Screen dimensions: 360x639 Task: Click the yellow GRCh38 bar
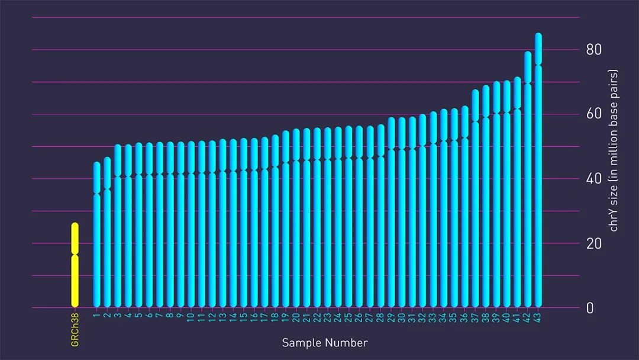[75, 266]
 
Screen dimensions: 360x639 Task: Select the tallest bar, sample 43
[538, 178]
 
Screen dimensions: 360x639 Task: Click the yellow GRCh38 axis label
[75, 331]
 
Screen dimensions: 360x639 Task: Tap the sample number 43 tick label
[538, 317]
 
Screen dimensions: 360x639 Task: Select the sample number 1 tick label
[97, 314]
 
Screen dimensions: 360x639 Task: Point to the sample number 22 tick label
[318, 317]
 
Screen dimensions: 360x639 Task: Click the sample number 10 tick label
[191, 317]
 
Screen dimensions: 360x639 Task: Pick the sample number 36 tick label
[464, 317]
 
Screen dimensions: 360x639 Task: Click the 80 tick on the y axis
[593, 50]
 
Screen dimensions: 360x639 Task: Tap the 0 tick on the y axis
[589, 308]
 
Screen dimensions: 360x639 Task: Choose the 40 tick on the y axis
[593, 179]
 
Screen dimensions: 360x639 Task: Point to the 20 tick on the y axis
[593, 243]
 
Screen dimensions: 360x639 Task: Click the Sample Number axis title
[324, 343]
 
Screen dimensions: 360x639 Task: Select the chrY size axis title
[614, 150]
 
